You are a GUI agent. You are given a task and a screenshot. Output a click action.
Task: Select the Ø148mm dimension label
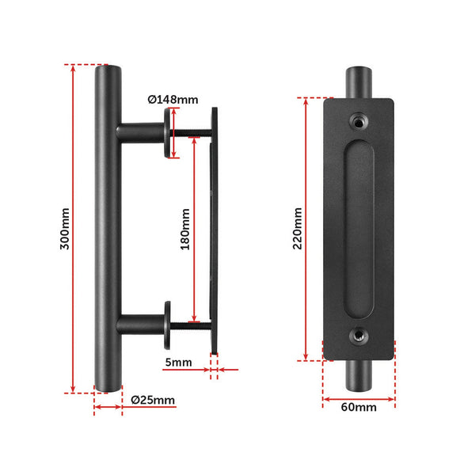(x=173, y=100)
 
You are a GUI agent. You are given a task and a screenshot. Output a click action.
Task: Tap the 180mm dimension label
(x=185, y=230)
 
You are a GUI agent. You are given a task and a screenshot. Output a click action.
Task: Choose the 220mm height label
(x=297, y=228)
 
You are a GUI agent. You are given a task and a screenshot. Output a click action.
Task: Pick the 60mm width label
(x=359, y=408)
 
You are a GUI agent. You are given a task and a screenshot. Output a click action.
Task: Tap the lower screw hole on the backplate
(x=359, y=337)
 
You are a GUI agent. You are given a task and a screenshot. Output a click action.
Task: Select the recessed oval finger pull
(x=359, y=228)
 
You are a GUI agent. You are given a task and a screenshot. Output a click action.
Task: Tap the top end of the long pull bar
(x=108, y=75)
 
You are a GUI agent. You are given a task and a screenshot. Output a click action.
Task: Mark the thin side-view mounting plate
(x=212, y=230)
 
